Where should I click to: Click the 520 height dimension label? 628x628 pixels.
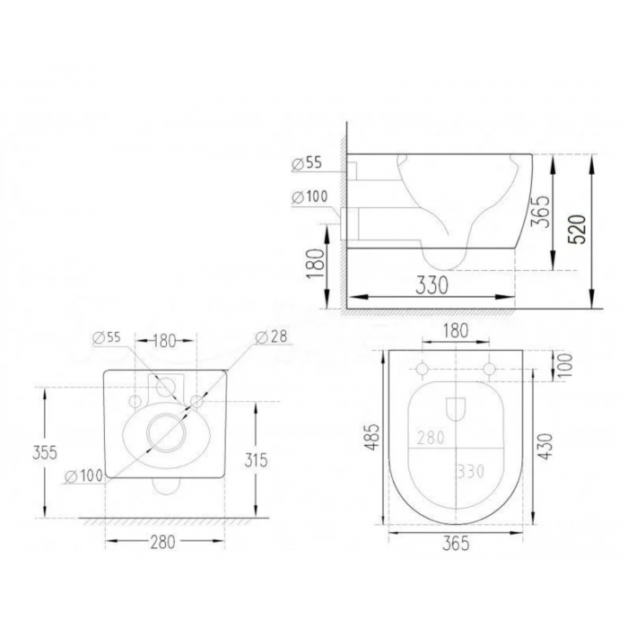click(x=577, y=229)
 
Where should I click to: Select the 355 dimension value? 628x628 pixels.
click(x=45, y=452)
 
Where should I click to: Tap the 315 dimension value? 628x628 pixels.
click(x=256, y=460)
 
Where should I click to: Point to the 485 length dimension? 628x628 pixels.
click(x=372, y=437)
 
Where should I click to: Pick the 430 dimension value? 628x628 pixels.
click(x=545, y=446)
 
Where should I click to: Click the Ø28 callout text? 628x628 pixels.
click(x=272, y=336)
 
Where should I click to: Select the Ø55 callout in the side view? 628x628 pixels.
click(x=307, y=163)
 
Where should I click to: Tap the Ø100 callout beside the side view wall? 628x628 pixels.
click(x=310, y=196)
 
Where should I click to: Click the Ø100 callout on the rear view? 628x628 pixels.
click(x=83, y=475)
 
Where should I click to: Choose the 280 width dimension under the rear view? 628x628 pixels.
click(x=162, y=542)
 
